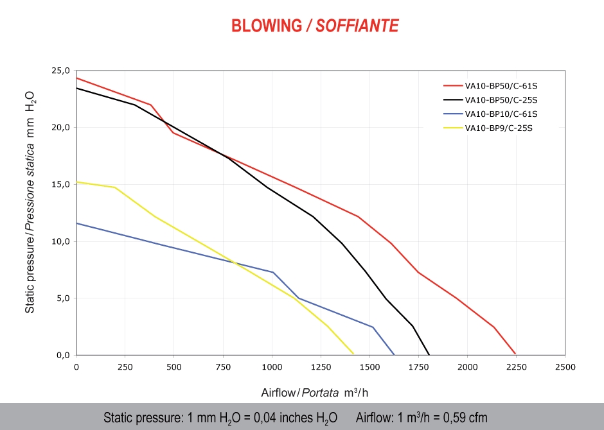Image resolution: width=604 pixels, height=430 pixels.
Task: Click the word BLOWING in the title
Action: pyautogui.click(x=266, y=26)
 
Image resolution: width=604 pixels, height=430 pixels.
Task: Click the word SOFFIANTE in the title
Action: pyautogui.click(x=358, y=26)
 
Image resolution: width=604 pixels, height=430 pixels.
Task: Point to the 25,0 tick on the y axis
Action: pyautogui.click(x=60, y=71)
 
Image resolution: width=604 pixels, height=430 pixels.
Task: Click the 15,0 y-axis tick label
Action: pyautogui.click(x=60, y=185)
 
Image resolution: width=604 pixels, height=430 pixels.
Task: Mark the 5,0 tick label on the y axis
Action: pyautogui.click(x=62, y=298)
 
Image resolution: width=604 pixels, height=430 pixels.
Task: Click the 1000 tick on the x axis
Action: pyautogui.click(x=272, y=367)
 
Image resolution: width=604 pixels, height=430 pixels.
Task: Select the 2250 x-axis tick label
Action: pyautogui.click(x=516, y=367)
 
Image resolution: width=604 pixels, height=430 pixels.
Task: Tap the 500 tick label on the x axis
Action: pyautogui.click(x=174, y=367)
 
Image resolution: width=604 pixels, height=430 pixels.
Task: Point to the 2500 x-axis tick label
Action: pyautogui.click(x=565, y=367)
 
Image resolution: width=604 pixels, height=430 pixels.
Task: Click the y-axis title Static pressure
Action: pyautogui.click(x=30, y=203)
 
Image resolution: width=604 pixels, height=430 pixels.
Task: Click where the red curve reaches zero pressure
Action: pyautogui.click(x=515, y=354)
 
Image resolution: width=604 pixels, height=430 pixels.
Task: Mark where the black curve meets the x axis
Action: pyautogui.click(x=429, y=354)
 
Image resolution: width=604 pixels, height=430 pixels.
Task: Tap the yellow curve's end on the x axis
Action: pyautogui.click(x=354, y=354)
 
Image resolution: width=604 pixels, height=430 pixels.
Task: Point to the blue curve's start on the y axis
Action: pyautogui.click(x=77, y=223)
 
